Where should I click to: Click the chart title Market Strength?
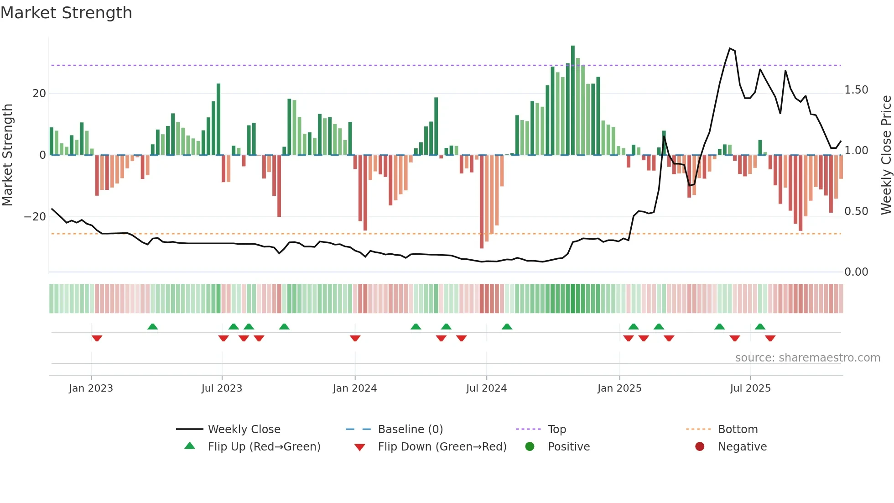(66, 13)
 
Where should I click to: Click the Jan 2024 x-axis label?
(354, 388)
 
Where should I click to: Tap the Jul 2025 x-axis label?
(750, 388)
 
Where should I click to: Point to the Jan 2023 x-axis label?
(91, 388)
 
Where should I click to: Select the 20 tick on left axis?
(39, 94)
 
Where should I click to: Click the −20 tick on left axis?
(35, 217)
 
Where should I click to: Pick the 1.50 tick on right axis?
(856, 90)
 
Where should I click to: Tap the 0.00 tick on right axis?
(856, 272)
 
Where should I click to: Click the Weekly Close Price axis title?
(886, 155)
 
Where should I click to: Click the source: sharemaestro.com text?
(807, 358)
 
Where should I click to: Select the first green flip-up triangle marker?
(153, 326)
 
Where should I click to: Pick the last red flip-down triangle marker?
(770, 338)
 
